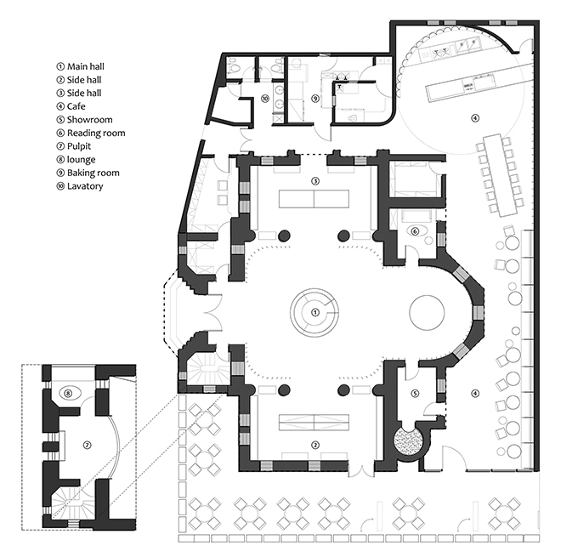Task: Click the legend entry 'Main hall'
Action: pos(80,66)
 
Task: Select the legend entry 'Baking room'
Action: pos(88,173)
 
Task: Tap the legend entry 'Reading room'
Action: pos(91,133)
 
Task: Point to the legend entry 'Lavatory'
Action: pos(80,186)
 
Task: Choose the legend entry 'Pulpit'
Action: pos(73,146)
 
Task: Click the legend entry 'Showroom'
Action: pos(84,120)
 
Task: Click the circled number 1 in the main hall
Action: pos(314,312)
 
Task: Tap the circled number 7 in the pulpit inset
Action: pos(87,446)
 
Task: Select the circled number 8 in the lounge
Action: pos(68,393)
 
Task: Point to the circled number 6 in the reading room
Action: pos(415,231)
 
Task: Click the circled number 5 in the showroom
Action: pos(415,394)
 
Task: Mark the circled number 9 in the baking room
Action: pos(314,99)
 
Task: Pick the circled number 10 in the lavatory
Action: pos(264,99)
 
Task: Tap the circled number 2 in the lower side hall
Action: pos(315,446)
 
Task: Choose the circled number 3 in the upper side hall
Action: pos(315,181)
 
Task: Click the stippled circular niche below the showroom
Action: pos(408,440)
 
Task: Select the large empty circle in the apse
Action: pos(427,312)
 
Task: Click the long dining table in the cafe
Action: pos(496,175)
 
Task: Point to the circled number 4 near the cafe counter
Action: pos(475,118)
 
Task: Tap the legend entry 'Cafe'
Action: pos(71,106)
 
